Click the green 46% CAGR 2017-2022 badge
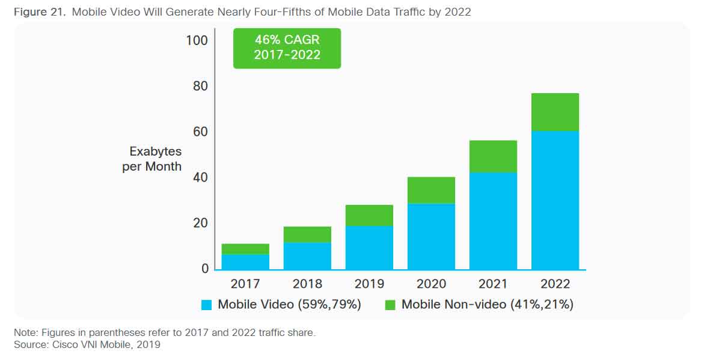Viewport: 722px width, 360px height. click(x=287, y=48)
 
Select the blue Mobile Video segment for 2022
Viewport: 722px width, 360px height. click(x=555, y=200)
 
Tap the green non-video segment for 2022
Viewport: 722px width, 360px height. click(x=555, y=112)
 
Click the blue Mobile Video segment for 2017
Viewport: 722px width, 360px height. click(x=245, y=262)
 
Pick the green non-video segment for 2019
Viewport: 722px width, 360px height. click(x=369, y=215)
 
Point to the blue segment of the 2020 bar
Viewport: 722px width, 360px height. click(x=431, y=237)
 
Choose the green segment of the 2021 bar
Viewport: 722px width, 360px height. click(x=493, y=157)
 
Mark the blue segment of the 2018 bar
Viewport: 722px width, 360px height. click(x=307, y=256)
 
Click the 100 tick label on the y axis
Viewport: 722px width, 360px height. click(x=197, y=41)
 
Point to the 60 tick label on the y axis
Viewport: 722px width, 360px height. click(x=200, y=132)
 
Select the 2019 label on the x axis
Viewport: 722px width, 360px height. click(x=369, y=284)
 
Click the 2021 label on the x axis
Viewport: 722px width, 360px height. click(x=493, y=284)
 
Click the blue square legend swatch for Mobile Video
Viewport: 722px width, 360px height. click(x=207, y=305)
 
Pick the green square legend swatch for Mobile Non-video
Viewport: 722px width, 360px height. click(x=390, y=305)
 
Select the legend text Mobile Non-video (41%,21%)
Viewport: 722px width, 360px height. click(x=487, y=305)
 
